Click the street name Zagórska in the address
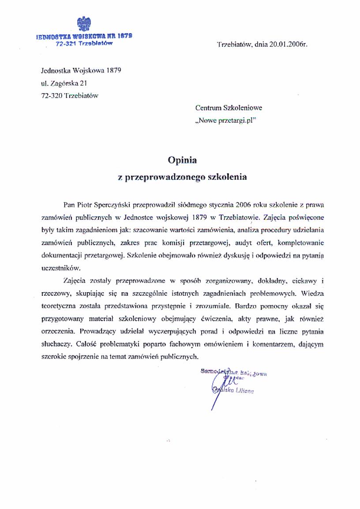pyautogui.click(x=64, y=82)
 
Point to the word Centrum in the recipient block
pyautogui.click(x=208, y=107)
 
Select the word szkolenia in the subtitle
pyautogui.click(x=226, y=177)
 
